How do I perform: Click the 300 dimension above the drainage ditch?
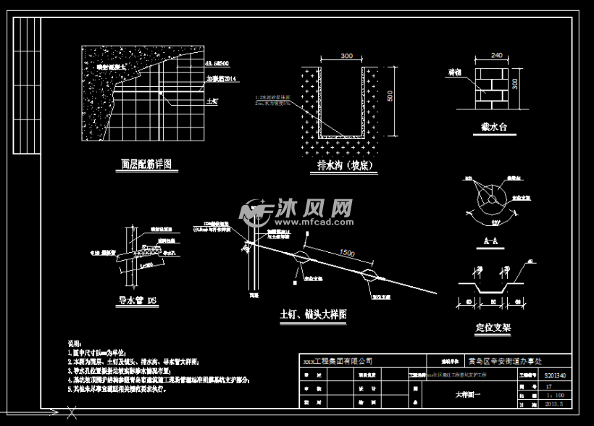[346, 56]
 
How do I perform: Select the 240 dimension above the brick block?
[496, 54]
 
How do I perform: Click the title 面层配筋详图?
[146, 164]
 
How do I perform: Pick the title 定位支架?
[493, 327]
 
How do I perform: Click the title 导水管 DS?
[138, 300]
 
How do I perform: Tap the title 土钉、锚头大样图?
[313, 315]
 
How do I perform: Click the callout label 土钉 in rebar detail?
[212, 103]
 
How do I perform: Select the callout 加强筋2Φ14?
[221, 78]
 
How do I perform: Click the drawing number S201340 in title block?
[554, 375]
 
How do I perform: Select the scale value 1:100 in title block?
[553, 395]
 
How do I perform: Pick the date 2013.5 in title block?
[553, 404]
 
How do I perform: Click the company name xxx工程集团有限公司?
[337, 360]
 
